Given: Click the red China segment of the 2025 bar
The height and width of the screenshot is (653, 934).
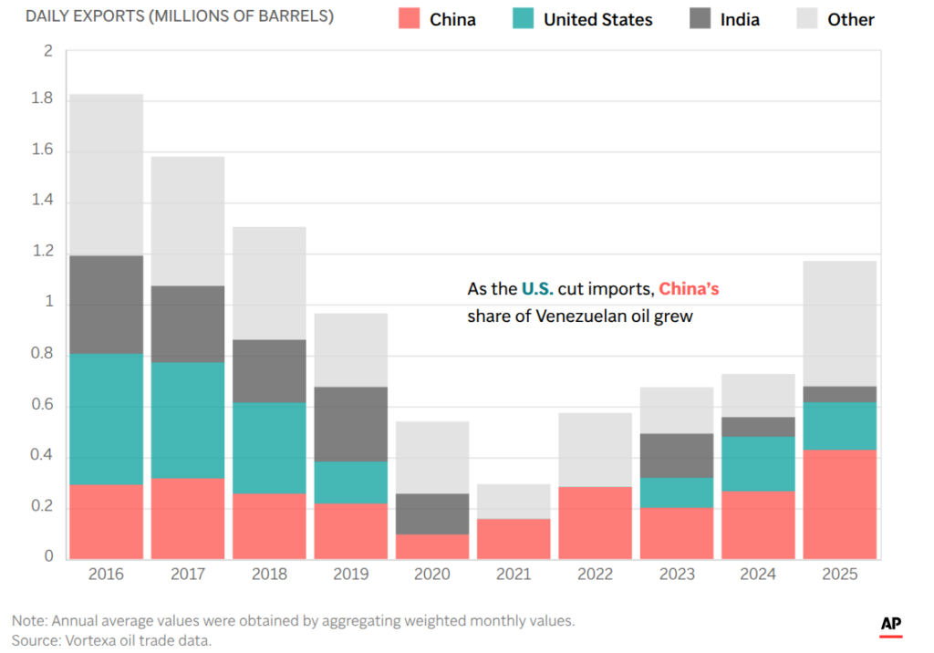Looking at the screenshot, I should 839,503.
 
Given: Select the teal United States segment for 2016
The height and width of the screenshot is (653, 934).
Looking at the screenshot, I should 106,419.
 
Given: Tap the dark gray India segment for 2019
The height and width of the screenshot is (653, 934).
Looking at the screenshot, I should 350,424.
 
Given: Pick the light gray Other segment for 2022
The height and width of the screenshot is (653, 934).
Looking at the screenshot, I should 595,450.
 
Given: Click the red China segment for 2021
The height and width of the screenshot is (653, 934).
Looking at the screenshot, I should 514,538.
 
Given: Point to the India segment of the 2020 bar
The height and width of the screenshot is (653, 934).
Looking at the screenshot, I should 432,513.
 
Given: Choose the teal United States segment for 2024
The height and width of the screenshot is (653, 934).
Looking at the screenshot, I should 758,463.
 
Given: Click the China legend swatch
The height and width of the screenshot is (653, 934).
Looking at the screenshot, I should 409,19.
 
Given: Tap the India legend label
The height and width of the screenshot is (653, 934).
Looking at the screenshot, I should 740,19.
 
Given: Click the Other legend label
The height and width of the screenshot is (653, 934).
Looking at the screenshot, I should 850,19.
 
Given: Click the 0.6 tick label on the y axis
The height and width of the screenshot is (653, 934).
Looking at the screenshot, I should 43,405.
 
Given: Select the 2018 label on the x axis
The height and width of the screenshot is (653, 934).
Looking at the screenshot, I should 269,575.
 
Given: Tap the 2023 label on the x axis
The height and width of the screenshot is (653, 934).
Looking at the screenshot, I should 677,575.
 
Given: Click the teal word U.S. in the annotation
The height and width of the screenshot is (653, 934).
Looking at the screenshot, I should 537,289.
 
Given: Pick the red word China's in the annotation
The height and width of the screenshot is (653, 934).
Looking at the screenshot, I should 689,289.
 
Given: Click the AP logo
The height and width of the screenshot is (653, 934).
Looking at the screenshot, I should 891,625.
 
